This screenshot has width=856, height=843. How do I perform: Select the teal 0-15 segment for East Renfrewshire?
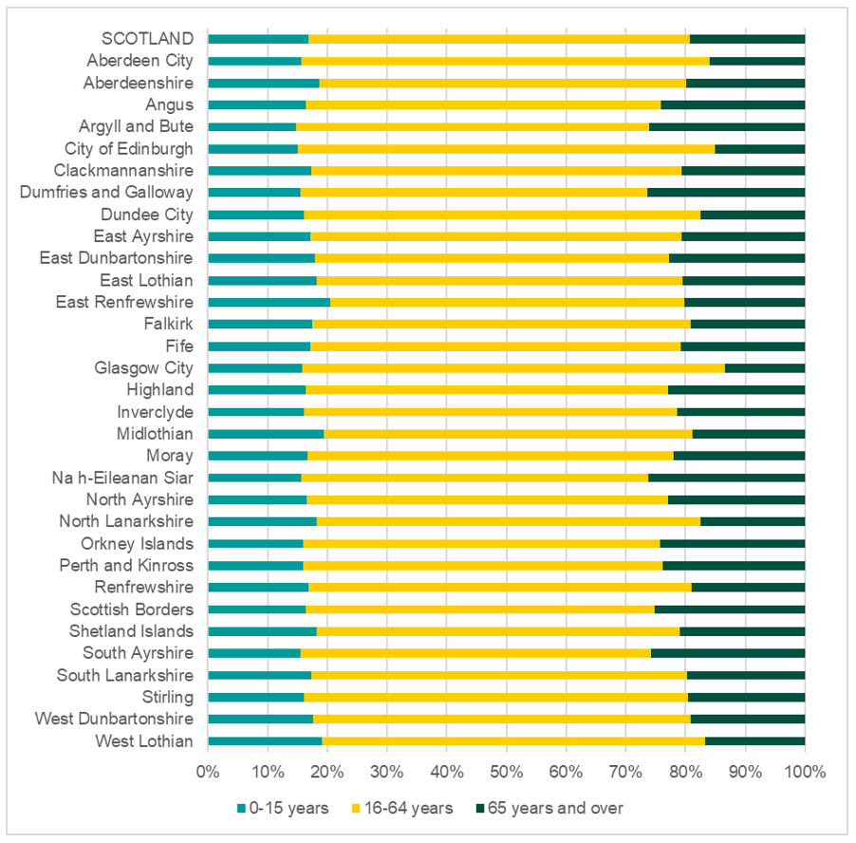point(269,302)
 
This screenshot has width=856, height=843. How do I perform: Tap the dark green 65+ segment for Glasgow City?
point(765,367)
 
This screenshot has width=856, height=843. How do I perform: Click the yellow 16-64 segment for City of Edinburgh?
point(506,148)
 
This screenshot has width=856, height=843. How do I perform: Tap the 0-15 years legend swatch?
point(242,809)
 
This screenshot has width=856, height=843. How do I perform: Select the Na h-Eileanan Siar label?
point(134,478)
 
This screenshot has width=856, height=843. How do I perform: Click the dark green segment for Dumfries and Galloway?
point(726,192)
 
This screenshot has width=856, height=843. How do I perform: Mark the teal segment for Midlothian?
point(266,434)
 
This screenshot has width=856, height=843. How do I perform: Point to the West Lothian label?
point(144,740)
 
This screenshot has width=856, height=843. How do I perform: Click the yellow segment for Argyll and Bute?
point(472,126)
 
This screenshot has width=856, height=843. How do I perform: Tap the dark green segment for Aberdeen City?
point(756,61)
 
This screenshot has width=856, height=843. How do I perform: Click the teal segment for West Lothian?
point(265,740)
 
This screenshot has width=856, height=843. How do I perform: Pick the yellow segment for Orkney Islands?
point(481,544)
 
